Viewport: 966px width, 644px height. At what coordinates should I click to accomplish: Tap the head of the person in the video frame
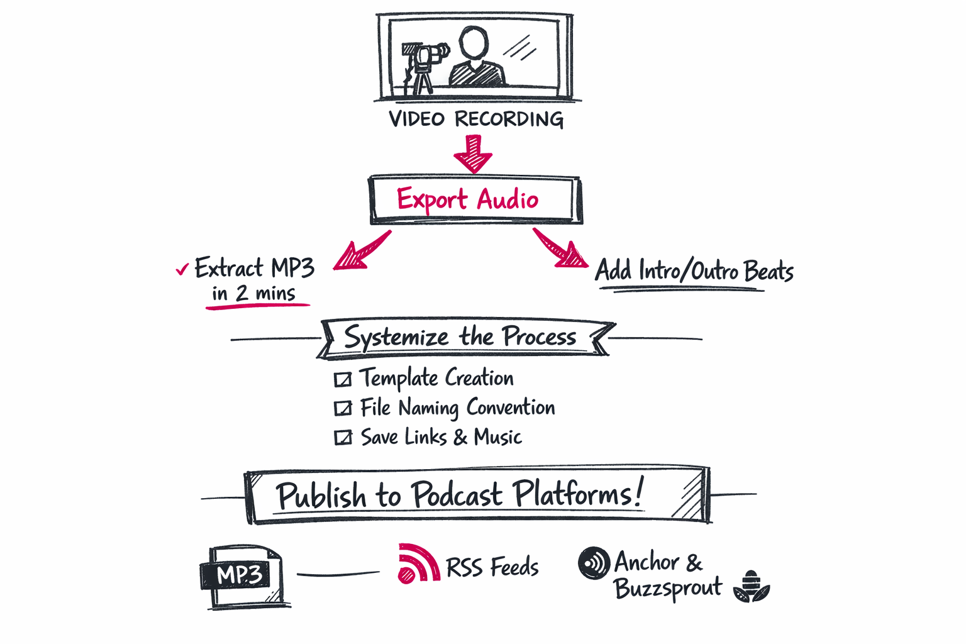(x=474, y=43)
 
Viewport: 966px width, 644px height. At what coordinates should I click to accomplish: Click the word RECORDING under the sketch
(x=509, y=119)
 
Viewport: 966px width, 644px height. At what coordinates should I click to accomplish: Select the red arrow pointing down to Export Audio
(x=473, y=154)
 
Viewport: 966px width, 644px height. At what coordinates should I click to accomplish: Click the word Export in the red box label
(x=431, y=199)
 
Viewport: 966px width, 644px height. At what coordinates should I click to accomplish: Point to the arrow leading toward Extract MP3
(x=362, y=251)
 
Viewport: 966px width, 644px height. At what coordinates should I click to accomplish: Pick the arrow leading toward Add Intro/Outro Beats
(x=560, y=248)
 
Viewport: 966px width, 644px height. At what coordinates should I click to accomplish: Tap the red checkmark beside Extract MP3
(x=182, y=269)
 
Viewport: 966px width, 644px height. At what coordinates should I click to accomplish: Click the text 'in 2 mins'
(x=253, y=294)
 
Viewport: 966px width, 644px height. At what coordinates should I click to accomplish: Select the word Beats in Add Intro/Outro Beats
(x=769, y=270)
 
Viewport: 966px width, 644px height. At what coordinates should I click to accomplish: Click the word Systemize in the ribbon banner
(x=396, y=337)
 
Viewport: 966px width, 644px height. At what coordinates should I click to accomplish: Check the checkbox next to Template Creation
(x=343, y=379)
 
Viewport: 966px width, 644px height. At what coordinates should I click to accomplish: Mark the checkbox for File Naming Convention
(x=343, y=408)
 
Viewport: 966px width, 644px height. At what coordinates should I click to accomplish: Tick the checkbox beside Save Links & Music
(x=343, y=437)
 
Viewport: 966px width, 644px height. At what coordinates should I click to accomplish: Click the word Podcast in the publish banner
(x=456, y=494)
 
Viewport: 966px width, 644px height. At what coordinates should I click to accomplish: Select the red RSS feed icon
(x=418, y=563)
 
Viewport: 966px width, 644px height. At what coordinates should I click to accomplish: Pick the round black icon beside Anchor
(x=594, y=562)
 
